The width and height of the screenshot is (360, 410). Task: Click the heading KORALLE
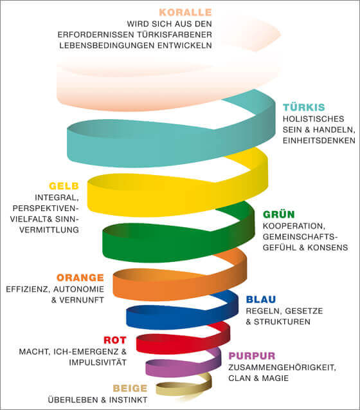point(185,12)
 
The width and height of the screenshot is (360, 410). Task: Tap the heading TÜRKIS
point(304,107)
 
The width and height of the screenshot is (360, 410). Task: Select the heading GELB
point(64,186)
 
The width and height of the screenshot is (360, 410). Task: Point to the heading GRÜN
point(279,214)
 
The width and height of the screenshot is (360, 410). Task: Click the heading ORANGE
point(80,277)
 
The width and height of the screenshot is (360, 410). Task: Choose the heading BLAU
point(261,299)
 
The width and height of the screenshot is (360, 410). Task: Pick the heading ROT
point(115,340)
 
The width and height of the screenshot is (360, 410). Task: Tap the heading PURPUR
point(252,356)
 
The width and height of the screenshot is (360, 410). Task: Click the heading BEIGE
point(130,388)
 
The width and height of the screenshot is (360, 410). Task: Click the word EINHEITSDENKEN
point(319,140)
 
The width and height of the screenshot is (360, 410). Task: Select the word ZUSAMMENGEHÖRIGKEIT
point(282,368)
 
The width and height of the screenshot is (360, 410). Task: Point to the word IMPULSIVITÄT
point(98,362)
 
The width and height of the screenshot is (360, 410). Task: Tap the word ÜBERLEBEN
point(73,400)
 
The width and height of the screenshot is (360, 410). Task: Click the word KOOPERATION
point(294,226)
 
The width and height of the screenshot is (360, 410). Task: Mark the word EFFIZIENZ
point(28,289)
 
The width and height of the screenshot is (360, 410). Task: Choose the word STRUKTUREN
point(282,322)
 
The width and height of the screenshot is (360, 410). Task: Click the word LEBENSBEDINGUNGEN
point(107,45)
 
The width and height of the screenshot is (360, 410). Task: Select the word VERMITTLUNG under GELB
point(49,230)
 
